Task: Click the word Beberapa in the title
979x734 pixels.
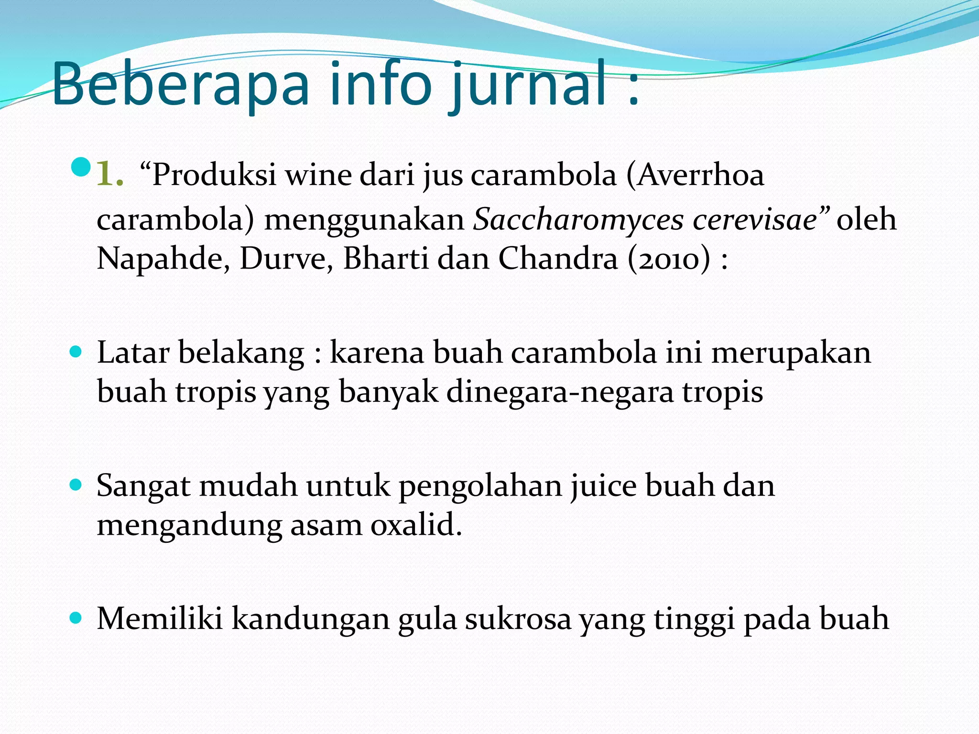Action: tap(181, 85)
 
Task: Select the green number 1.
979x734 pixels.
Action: tap(109, 174)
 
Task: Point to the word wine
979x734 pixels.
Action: tap(318, 174)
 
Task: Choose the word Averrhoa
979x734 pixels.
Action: tap(700, 174)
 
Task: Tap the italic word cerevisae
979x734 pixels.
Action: tap(755, 220)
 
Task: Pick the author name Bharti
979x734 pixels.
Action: tap(386, 259)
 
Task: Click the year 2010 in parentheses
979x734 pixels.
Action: tap(669, 259)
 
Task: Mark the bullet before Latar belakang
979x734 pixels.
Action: tap(76, 353)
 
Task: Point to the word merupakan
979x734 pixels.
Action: tap(791, 353)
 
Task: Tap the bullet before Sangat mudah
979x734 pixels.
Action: tap(76, 486)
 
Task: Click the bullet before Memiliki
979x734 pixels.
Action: tap(76, 618)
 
